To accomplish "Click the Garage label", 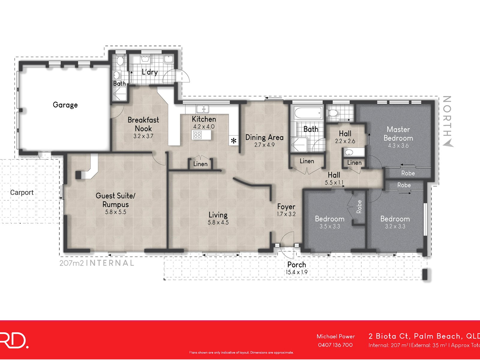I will pos(65,105).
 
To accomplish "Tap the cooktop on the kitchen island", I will pos(197,135).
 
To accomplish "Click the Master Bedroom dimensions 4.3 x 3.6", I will pos(398,146).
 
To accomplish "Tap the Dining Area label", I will pos(264,137).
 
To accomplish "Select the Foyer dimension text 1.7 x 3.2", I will pos(286,214).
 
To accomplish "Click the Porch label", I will pos(296,265).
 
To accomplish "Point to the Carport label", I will pos(22,192).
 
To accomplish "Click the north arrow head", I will pos(448,144).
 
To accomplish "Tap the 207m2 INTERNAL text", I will pos(97,263).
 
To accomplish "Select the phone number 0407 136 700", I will pos(335,345).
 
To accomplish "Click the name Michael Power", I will pos(335,337).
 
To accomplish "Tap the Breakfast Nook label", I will pos(143,124).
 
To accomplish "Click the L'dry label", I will pos(149,72).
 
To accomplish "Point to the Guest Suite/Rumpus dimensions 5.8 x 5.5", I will pos(115,212).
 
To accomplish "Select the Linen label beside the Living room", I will pos(200,164).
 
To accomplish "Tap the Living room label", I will pos(218,215).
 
